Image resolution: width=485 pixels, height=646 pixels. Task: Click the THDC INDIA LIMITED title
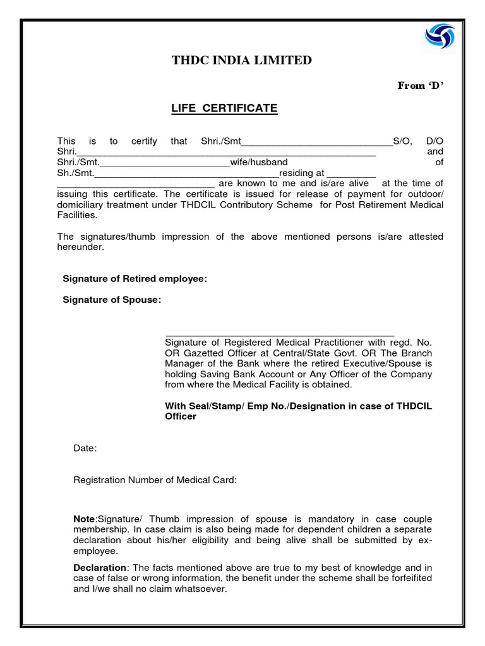click(x=242, y=61)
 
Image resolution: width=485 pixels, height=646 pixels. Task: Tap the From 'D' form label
click(x=421, y=86)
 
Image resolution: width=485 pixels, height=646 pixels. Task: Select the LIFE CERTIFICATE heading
click(x=224, y=109)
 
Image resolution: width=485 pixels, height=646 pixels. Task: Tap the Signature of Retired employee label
click(x=135, y=279)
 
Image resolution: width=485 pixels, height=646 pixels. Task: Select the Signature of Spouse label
click(x=112, y=300)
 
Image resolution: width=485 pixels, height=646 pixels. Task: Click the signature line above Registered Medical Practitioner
click(x=280, y=333)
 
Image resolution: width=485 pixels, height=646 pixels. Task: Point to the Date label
click(x=85, y=448)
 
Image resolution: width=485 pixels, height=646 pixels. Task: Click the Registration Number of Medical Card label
click(x=155, y=480)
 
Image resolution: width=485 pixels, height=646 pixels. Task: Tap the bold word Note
click(x=84, y=519)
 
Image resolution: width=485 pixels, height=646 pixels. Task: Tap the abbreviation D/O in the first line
click(x=434, y=141)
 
